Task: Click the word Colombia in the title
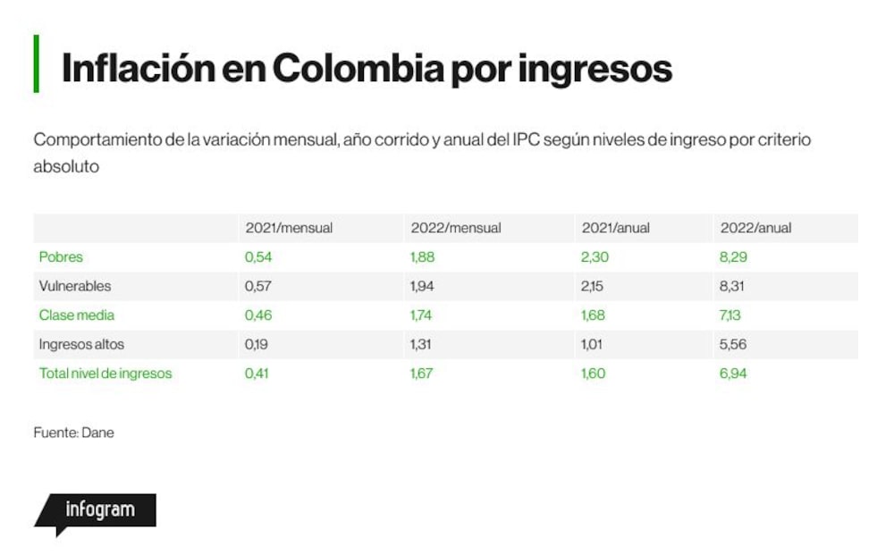(358, 69)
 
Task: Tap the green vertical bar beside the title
(37, 63)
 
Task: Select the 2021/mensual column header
(289, 228)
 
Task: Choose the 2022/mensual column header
(456, 228)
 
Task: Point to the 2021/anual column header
(616, 228)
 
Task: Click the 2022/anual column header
(756, 228)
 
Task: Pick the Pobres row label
(61, 257)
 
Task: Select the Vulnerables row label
(75, 286)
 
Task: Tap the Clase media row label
(77, 315)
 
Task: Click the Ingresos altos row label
(81, 344)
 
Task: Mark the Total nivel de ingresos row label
(105, 374)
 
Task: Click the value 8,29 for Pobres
(733, 257)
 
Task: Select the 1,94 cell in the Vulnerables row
(422, 286)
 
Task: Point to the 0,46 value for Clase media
(258, 315)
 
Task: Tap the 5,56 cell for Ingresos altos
(733, 344)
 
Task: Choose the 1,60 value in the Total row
(594, 374)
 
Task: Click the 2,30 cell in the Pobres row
(595, 257)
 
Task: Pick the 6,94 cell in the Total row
(733, 374)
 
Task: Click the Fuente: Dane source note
(73, 433)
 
